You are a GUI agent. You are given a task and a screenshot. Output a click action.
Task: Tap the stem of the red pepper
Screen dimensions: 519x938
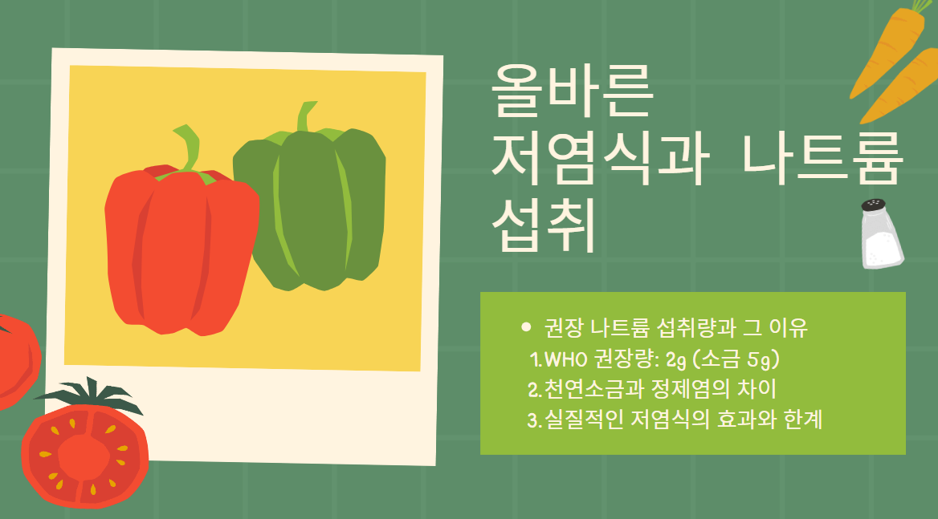click(188, 148)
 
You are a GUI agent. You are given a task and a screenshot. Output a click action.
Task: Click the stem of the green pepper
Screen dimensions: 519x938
click(306, 116)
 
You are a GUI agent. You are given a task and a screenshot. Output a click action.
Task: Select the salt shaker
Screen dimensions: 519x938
click(881, 237)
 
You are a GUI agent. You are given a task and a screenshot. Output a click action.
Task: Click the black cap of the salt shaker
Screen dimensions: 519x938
click(873, 205)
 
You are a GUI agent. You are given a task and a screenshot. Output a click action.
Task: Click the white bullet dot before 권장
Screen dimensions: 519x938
click(526, 326)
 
